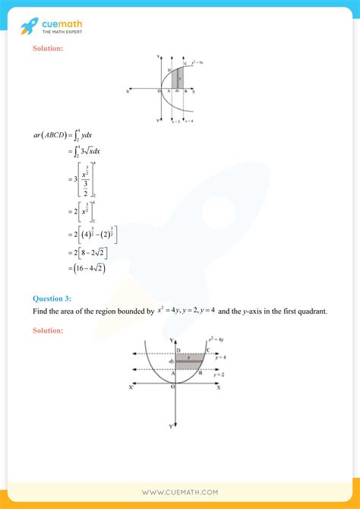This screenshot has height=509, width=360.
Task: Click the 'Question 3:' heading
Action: (x=53, y=299)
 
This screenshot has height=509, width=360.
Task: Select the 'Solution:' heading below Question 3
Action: (x=48, y=330)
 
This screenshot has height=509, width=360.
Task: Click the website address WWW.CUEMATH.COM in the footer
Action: (x=180, y=493)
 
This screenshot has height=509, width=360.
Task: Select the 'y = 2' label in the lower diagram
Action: (x=218, y=375)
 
